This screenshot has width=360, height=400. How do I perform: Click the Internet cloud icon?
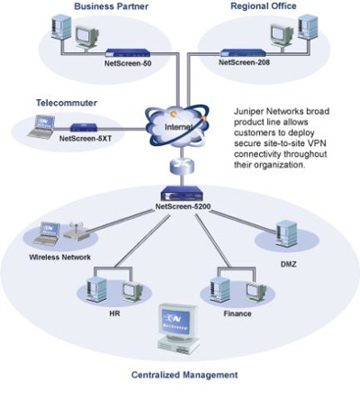(x=176, y=126)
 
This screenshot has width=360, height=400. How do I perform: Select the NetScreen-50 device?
(x=128, y=53)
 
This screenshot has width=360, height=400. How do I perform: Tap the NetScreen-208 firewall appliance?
(x=243, y=53)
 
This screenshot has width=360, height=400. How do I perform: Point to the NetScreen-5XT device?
(x=84, y=127)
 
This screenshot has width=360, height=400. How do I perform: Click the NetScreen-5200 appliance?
(x=182, y=194)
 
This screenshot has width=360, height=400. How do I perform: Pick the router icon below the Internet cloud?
(x=182, y=166)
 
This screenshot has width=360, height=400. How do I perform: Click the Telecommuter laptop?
(x=41, y=127)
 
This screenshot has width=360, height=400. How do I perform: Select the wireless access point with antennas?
(x=76, y=231)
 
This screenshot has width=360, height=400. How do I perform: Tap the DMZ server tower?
(x=285, y=233)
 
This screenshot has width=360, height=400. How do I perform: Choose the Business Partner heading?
(x=112, y=6)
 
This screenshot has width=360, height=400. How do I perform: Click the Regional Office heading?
(x=264, y=6)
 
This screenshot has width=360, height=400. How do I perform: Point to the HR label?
(x=114, y=314)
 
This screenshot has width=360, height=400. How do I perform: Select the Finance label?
(x=238, y=314)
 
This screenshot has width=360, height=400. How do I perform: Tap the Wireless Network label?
(x=59, y=257)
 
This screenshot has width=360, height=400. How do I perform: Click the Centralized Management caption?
(x=184, y=375)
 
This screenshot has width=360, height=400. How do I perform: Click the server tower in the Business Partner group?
(x=61, y=27)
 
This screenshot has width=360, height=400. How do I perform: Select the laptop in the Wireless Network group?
(x=48, y=234)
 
